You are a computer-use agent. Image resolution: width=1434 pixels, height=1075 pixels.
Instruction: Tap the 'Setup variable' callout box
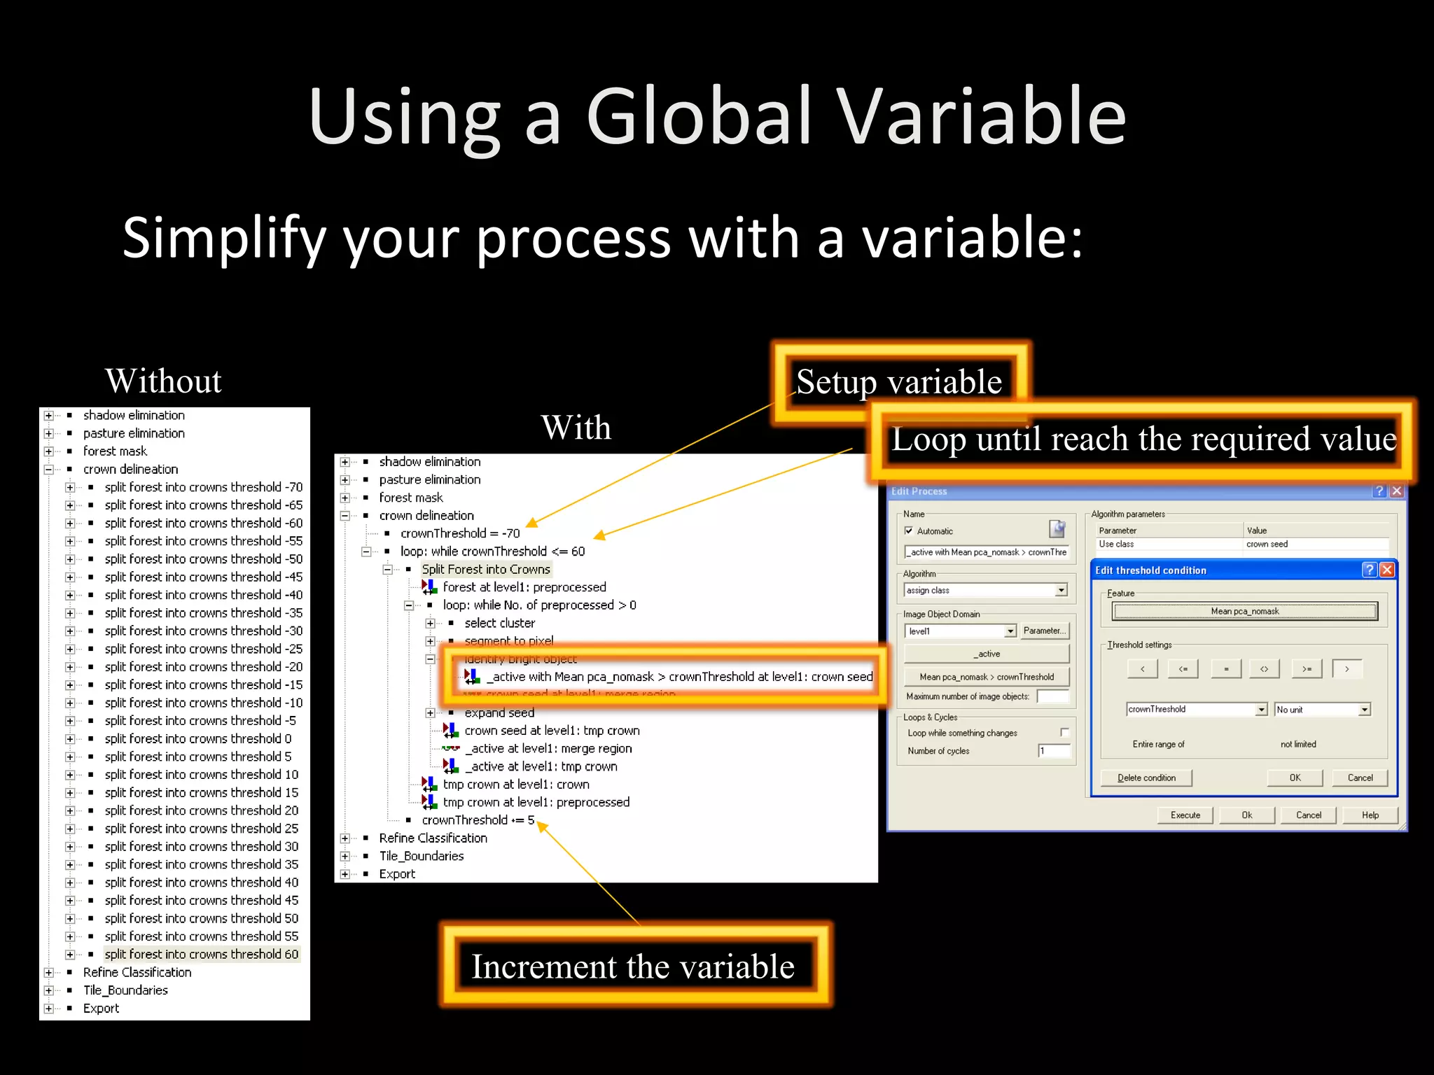tap(899, 381)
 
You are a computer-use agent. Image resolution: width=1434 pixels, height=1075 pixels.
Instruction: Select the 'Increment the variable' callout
tap(633, 967)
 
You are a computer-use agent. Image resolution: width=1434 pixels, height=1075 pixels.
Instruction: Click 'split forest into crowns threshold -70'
tap(203, 487)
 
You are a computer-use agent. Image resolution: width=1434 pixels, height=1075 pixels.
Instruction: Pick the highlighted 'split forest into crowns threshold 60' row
tap(202, 954)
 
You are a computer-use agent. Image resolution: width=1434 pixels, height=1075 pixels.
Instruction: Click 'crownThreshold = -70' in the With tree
tap(460, 533)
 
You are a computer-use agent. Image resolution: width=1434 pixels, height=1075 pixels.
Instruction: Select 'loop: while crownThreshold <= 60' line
tap(492, 551)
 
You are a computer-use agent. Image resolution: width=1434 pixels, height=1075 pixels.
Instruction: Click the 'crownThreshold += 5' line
tap(478, 820)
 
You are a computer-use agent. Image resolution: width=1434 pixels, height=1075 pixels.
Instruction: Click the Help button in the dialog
tap(1370, 815)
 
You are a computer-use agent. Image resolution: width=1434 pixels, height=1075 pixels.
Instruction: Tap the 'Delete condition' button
tap(1146, 778)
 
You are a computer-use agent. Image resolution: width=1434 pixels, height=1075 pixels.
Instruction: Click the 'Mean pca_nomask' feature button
tap(1245, 611)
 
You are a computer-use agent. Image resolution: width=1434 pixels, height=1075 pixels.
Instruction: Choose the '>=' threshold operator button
tap(1307, 669)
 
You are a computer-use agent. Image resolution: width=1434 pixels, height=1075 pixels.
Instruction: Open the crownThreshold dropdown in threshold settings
tap(1261, 710)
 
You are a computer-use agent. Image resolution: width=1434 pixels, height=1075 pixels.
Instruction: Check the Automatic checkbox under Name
tap(909, 531)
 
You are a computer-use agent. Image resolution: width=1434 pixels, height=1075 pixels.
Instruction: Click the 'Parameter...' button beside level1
tap(1044, 631)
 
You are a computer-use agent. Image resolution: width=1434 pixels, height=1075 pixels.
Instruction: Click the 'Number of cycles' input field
tap(1054, 751)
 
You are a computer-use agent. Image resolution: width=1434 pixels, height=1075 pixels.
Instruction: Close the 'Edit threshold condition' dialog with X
tap(1386, 570)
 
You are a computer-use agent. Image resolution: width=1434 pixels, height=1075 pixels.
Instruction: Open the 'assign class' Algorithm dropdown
tap(1061, 590)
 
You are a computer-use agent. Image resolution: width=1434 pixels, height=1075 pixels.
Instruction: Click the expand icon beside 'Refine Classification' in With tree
tap(344, 838)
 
